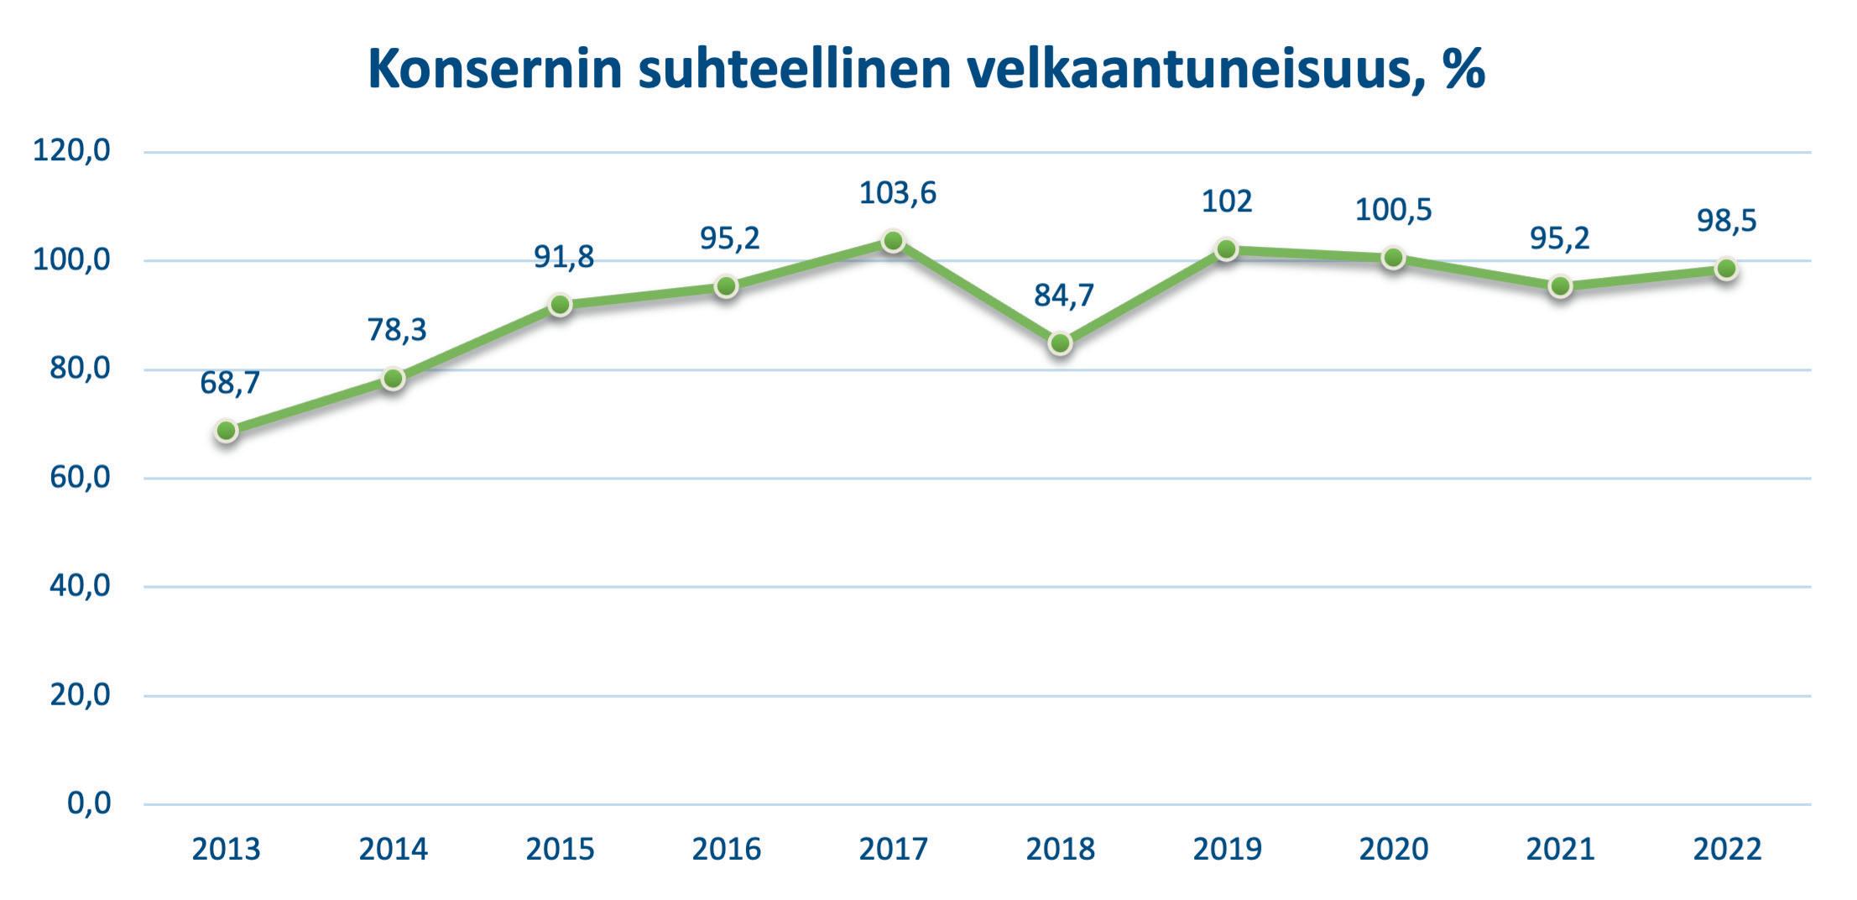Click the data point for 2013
coord(226,431)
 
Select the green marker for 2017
coord(893,241)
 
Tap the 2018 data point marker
coord(1060,343)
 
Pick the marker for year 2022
coord(1726,269)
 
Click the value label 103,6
coord(897,194)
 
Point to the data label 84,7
coord(1064,296)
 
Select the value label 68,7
coord(230,384)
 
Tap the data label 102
coord(1227,201)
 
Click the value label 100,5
coord(1393,210)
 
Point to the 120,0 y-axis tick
coord(71,152)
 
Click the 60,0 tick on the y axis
coord(80,479)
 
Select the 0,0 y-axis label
coord(89,804)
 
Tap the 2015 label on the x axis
coord(560,850)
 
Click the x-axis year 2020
coord(1393,850)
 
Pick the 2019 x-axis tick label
coord(1227,850)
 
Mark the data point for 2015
coord(560,305)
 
